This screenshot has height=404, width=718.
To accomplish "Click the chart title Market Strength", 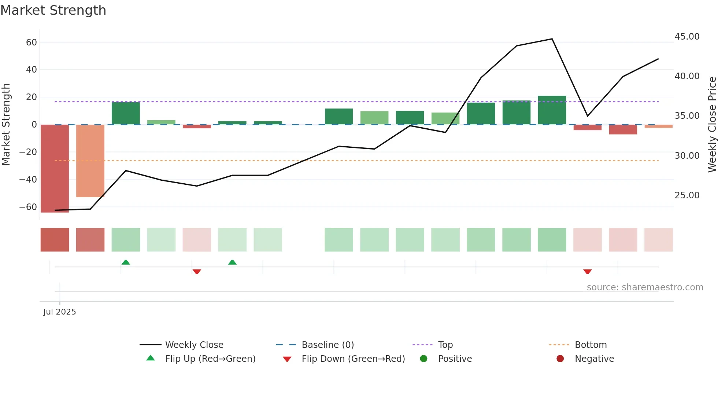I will (x=53, y=10).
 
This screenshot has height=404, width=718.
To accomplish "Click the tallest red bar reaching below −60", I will (x=55, y=169).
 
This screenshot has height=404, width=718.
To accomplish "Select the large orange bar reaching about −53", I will (x=90, y=161).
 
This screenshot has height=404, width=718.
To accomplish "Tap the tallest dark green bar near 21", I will (x=552, y=110).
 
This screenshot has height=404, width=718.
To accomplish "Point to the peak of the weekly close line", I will (x=552, y=39).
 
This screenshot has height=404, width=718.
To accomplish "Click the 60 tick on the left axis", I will (x=32, y=43).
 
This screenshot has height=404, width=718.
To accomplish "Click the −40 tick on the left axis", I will (x=28, y=180).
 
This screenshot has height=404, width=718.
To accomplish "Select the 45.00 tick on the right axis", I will (x=687, y=37).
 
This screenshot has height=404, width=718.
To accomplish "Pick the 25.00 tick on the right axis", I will (x=687, y=195).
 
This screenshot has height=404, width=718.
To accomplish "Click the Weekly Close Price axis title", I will (x=712, y=125).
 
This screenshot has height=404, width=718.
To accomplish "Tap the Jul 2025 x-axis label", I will (x=59, y=312).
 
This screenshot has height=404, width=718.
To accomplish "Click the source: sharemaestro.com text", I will (x=645, y=287).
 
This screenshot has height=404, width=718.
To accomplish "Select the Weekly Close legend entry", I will (x=194, y=345).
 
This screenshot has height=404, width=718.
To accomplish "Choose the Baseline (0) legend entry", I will (x=327, y=345).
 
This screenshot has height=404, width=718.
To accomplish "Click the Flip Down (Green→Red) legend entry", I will (x=353, y=359).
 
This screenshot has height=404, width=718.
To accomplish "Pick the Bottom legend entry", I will (x=591, y=345).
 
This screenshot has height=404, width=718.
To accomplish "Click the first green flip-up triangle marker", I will (x=126, y=262).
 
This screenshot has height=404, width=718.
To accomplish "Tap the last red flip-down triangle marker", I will (x=587, y=272).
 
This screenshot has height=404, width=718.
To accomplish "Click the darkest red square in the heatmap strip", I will (x=55, y=240).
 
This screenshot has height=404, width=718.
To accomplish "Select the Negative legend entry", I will (x=594, y=359).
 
